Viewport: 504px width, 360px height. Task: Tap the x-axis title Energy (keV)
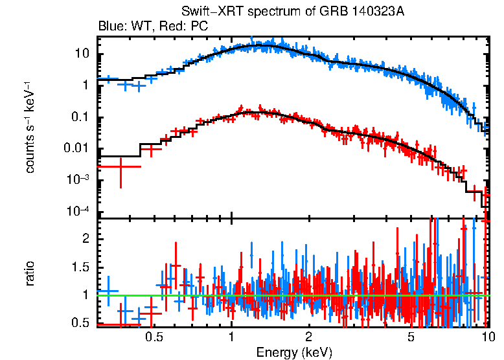click(294, 352)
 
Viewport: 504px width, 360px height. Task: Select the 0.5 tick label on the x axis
click(154, 337)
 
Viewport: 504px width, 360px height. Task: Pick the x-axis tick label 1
click(231, 337)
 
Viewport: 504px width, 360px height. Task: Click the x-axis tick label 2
click(309, 337)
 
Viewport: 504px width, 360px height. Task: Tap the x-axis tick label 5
click(411, 337)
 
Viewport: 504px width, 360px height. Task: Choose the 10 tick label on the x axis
click(487, 337)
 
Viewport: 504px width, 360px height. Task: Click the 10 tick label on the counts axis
click(81, 54)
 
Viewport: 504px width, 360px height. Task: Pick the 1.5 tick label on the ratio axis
click(79, 267)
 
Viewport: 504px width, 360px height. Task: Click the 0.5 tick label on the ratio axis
click(79, 323)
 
